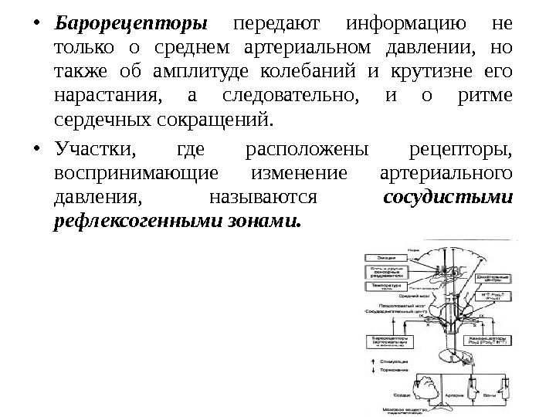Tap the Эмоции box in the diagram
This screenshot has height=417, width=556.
point(387,256)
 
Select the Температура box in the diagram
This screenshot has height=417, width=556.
point(387,286)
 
